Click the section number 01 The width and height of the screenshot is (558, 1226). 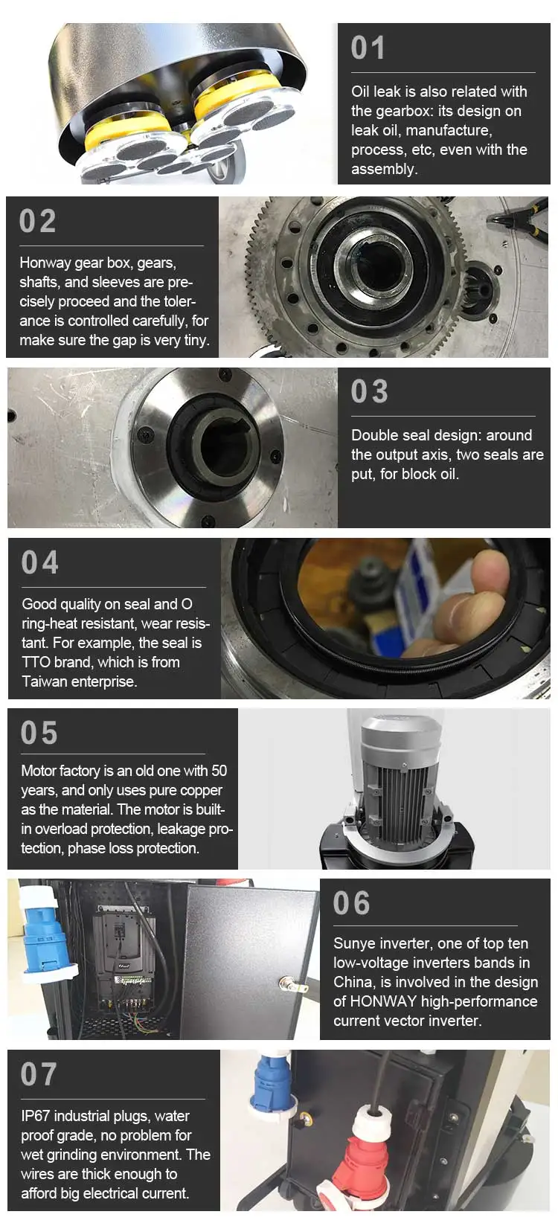tap(368, 48)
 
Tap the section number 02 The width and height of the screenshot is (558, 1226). tap(37, 221)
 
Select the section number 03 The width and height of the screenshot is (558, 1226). tap(370, 391)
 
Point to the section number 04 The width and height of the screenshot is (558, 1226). tap(39, 562)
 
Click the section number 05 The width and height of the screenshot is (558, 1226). tap(39, 733)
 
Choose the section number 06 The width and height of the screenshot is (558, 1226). tap(352, 903)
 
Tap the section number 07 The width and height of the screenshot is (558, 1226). tap(39, 1073)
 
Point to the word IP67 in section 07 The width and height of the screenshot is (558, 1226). tap(35, 1115)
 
